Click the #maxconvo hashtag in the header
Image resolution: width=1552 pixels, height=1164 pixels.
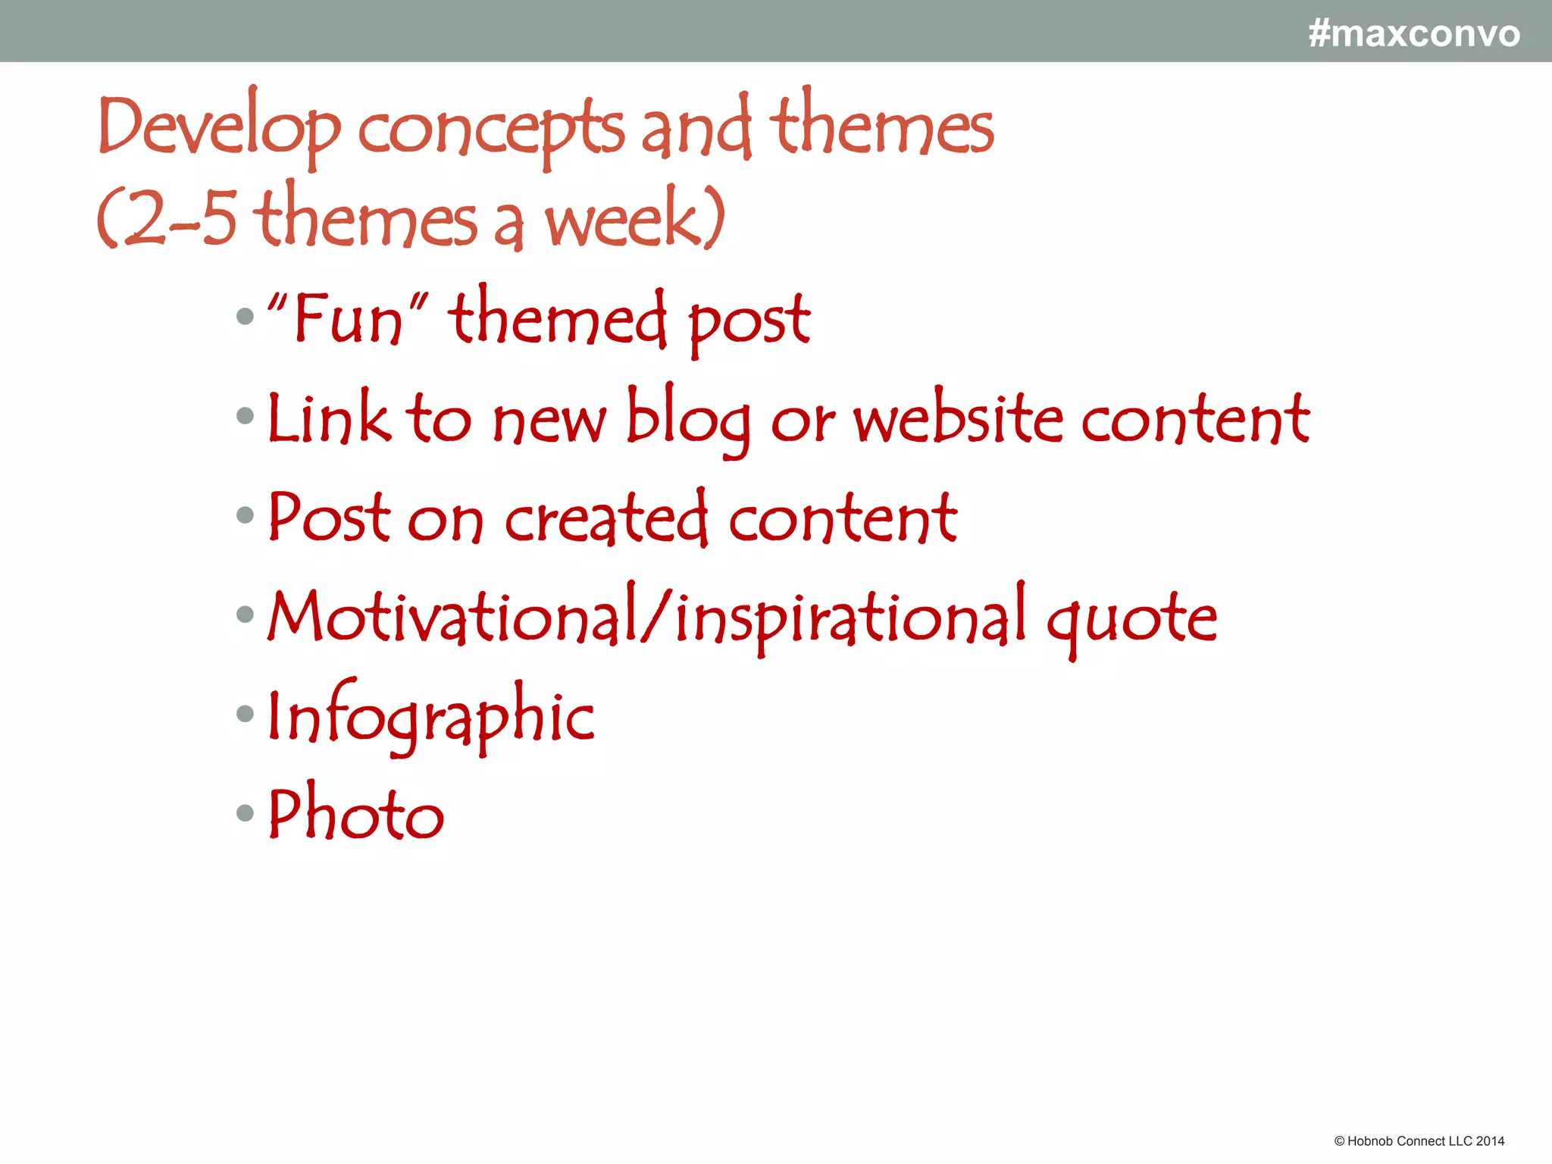(x=1413, y=34)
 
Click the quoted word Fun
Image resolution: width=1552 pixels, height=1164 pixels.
(x=348, y=318)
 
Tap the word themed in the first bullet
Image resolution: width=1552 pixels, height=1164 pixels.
(x=557, y=318)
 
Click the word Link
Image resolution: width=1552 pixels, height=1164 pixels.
(x=330, y=419)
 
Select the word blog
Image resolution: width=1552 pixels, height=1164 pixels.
(x=688, y=419)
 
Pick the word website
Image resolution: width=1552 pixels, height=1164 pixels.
(x=959, y=419)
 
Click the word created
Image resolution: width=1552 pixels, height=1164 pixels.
(x=606, y=518)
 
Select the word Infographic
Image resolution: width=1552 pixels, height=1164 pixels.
(x=431, y=717)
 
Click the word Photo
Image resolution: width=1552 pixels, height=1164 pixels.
(x=356, y=815)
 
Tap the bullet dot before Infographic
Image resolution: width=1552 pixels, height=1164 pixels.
(x=245, y=714)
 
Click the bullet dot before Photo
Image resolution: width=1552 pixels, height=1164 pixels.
(x=245, y=813)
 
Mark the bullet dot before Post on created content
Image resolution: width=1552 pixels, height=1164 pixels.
(x=245, y=516)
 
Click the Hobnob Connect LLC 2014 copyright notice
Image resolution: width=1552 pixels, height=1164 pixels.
(x=1419, y=1141)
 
